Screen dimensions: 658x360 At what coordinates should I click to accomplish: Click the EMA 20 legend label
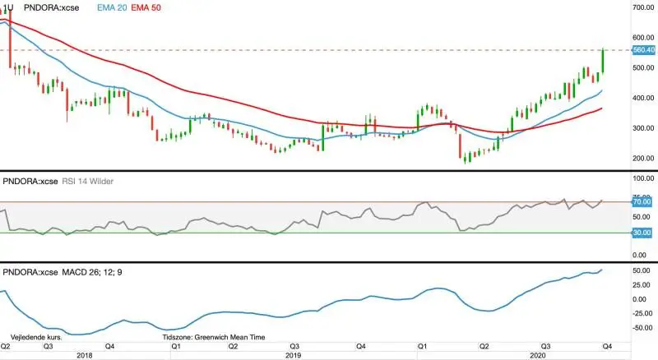112,7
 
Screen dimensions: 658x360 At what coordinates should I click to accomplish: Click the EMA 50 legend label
146,7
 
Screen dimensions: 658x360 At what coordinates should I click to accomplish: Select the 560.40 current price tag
644,50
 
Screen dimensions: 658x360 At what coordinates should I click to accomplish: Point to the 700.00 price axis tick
643,7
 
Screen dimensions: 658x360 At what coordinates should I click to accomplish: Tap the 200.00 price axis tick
643,158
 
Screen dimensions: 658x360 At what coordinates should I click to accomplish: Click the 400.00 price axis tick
643,98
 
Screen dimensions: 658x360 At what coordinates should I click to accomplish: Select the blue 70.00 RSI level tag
642,202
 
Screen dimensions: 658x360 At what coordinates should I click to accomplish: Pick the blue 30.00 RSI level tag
642,233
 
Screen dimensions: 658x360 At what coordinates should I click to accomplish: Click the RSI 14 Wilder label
88,182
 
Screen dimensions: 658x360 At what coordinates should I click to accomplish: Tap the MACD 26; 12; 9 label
92,272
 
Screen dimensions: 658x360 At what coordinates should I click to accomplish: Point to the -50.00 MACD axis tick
642,328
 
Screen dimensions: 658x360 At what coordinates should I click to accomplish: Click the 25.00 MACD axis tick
642,285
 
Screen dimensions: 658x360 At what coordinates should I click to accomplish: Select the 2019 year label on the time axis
293,355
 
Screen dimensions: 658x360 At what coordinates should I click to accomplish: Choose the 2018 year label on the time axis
85,355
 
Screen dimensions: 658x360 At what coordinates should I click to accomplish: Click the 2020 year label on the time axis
538,355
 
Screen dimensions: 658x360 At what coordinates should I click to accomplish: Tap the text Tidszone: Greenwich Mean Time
214,337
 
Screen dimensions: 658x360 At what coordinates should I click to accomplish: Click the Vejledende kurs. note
36,337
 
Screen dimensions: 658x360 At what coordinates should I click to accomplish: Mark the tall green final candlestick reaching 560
603,61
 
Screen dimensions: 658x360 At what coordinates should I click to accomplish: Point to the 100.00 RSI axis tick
643,178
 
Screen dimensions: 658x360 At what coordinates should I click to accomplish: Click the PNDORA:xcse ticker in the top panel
51,7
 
